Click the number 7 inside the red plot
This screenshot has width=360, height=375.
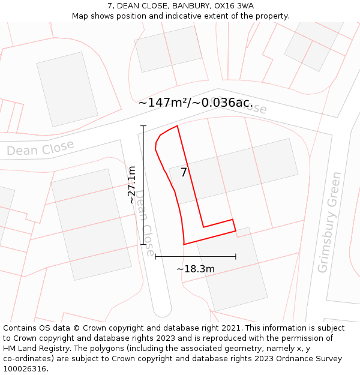(x=184, y=173)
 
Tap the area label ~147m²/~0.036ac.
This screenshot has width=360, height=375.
(x=195, y=103)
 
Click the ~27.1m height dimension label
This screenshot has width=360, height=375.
(x=132, y=185)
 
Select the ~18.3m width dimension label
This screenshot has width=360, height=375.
(x=196, y=269)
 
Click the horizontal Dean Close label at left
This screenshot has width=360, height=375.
(x=40, y=148)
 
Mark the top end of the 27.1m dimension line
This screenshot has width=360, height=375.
(x=144, y=126)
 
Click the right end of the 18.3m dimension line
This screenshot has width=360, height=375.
(x=236, y=256)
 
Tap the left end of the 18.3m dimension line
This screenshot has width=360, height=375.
(x=155, y=256)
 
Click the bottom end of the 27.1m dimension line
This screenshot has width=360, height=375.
(x=144, y=244)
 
